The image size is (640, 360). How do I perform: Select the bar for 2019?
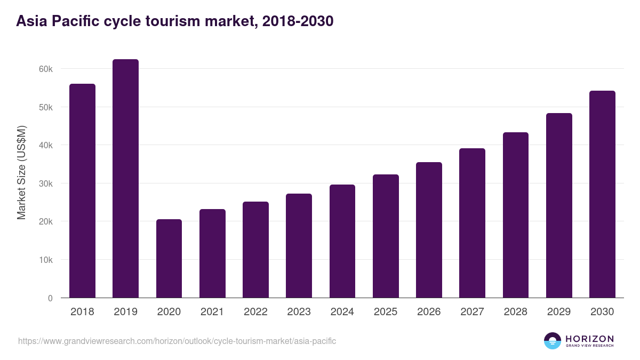tap(125, 179)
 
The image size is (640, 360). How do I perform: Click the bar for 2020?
tap(169, 259)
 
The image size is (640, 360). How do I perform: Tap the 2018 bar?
tap(82, 191)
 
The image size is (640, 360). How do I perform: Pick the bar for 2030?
tap(602, 194)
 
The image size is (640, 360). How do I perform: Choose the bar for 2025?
tap(386, 236)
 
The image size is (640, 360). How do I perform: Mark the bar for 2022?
tap(255, 250)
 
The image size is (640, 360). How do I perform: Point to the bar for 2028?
tap(516, 215)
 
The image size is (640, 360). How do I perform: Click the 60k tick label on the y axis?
tap(46, 69)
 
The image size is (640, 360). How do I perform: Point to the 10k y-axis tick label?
tap(46, 260)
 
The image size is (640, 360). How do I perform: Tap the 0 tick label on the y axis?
tap(50, 299)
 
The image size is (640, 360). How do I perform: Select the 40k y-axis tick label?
tap(46, 146)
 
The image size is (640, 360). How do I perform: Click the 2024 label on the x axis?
tap(342, 312)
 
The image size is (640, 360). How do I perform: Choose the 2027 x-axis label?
tap(472, 312)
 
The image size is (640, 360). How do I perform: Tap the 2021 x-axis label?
tap(212, 312)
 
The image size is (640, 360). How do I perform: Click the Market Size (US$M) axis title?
tap(22, 172)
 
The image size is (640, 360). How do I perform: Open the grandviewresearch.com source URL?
tap(177, 341)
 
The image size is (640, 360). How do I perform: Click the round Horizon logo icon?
tap(553, 341)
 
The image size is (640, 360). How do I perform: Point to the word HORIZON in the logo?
tap(589, 339)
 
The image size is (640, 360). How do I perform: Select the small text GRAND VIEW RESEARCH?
tap(589, 346)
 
